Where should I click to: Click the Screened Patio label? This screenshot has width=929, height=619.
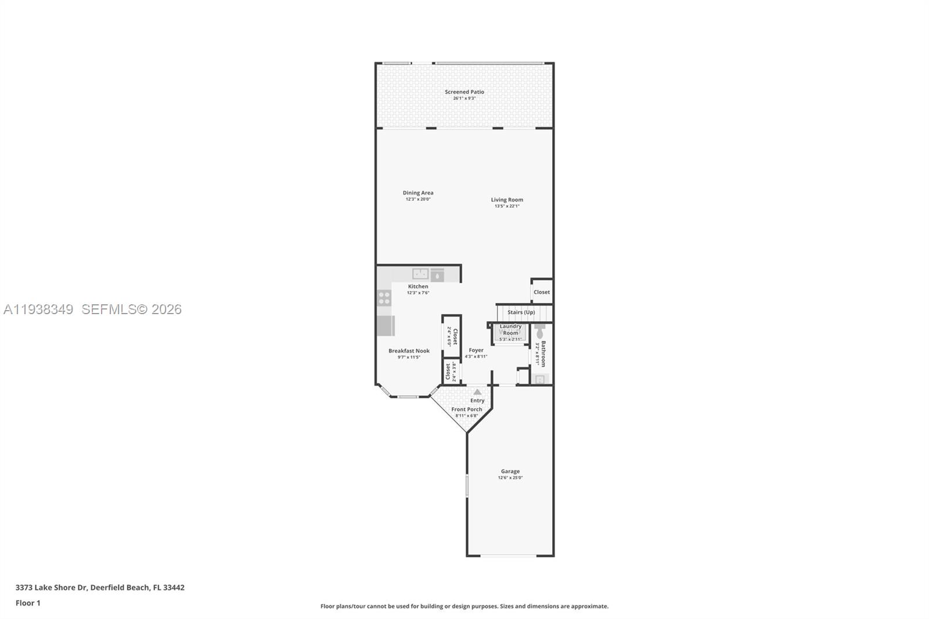click(464, 92)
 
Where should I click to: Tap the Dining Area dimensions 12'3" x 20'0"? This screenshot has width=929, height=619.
click(418, 199)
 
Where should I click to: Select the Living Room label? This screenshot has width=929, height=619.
click(507, 200)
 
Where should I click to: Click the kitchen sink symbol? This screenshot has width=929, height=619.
click(420, 273)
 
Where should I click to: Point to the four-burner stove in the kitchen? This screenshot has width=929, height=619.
click(384, 298)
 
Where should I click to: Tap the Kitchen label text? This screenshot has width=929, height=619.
click(418, 286)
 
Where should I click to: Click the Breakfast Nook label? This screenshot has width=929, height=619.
click(409, 351)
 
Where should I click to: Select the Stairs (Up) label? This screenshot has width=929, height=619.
click(521, 312)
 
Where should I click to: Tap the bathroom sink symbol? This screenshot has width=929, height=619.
click(540, 379)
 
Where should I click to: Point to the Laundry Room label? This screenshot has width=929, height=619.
click(510, 329)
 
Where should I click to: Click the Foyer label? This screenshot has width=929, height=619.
click(476, 350)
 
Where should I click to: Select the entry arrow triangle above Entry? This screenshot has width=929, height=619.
click(477, 392)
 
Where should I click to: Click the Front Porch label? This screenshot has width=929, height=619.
click(467, 409)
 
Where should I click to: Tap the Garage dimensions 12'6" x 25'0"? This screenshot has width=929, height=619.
click(510, 478)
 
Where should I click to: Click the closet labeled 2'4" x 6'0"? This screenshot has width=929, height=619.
click(452, 336)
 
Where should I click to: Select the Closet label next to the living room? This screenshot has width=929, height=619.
click(542, 292)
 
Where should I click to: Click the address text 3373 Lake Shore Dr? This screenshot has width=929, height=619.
click(51, 588)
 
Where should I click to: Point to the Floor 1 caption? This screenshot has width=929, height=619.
click(28, 603)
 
